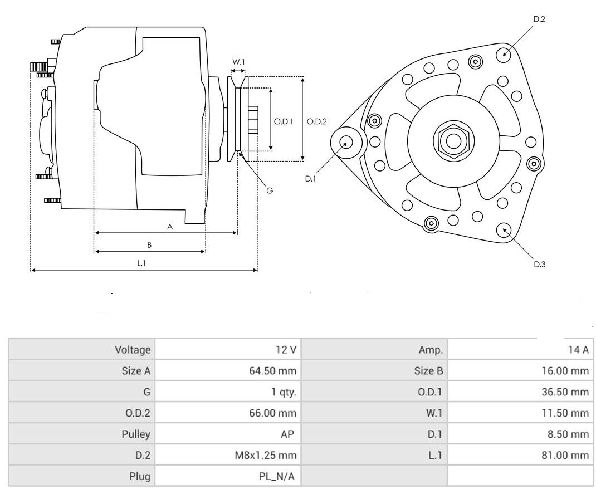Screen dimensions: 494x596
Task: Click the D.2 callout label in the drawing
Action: click(539, 19)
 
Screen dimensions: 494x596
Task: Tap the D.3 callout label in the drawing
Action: click(539, 265)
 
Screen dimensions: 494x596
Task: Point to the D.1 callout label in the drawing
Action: click(310, 179)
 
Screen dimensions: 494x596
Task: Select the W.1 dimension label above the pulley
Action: click(238, 62)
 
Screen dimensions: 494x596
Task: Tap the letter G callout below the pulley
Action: click(269, 190)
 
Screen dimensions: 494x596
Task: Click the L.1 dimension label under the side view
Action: click(142, 263)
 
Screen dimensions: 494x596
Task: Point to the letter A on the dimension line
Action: click(169, 227)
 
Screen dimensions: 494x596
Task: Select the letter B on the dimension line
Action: click(149, 245)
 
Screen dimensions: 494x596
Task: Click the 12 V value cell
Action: click(285, 350)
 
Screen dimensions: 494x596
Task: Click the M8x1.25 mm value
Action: click(266, 455)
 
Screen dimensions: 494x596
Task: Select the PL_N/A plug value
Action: click(273, 476)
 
